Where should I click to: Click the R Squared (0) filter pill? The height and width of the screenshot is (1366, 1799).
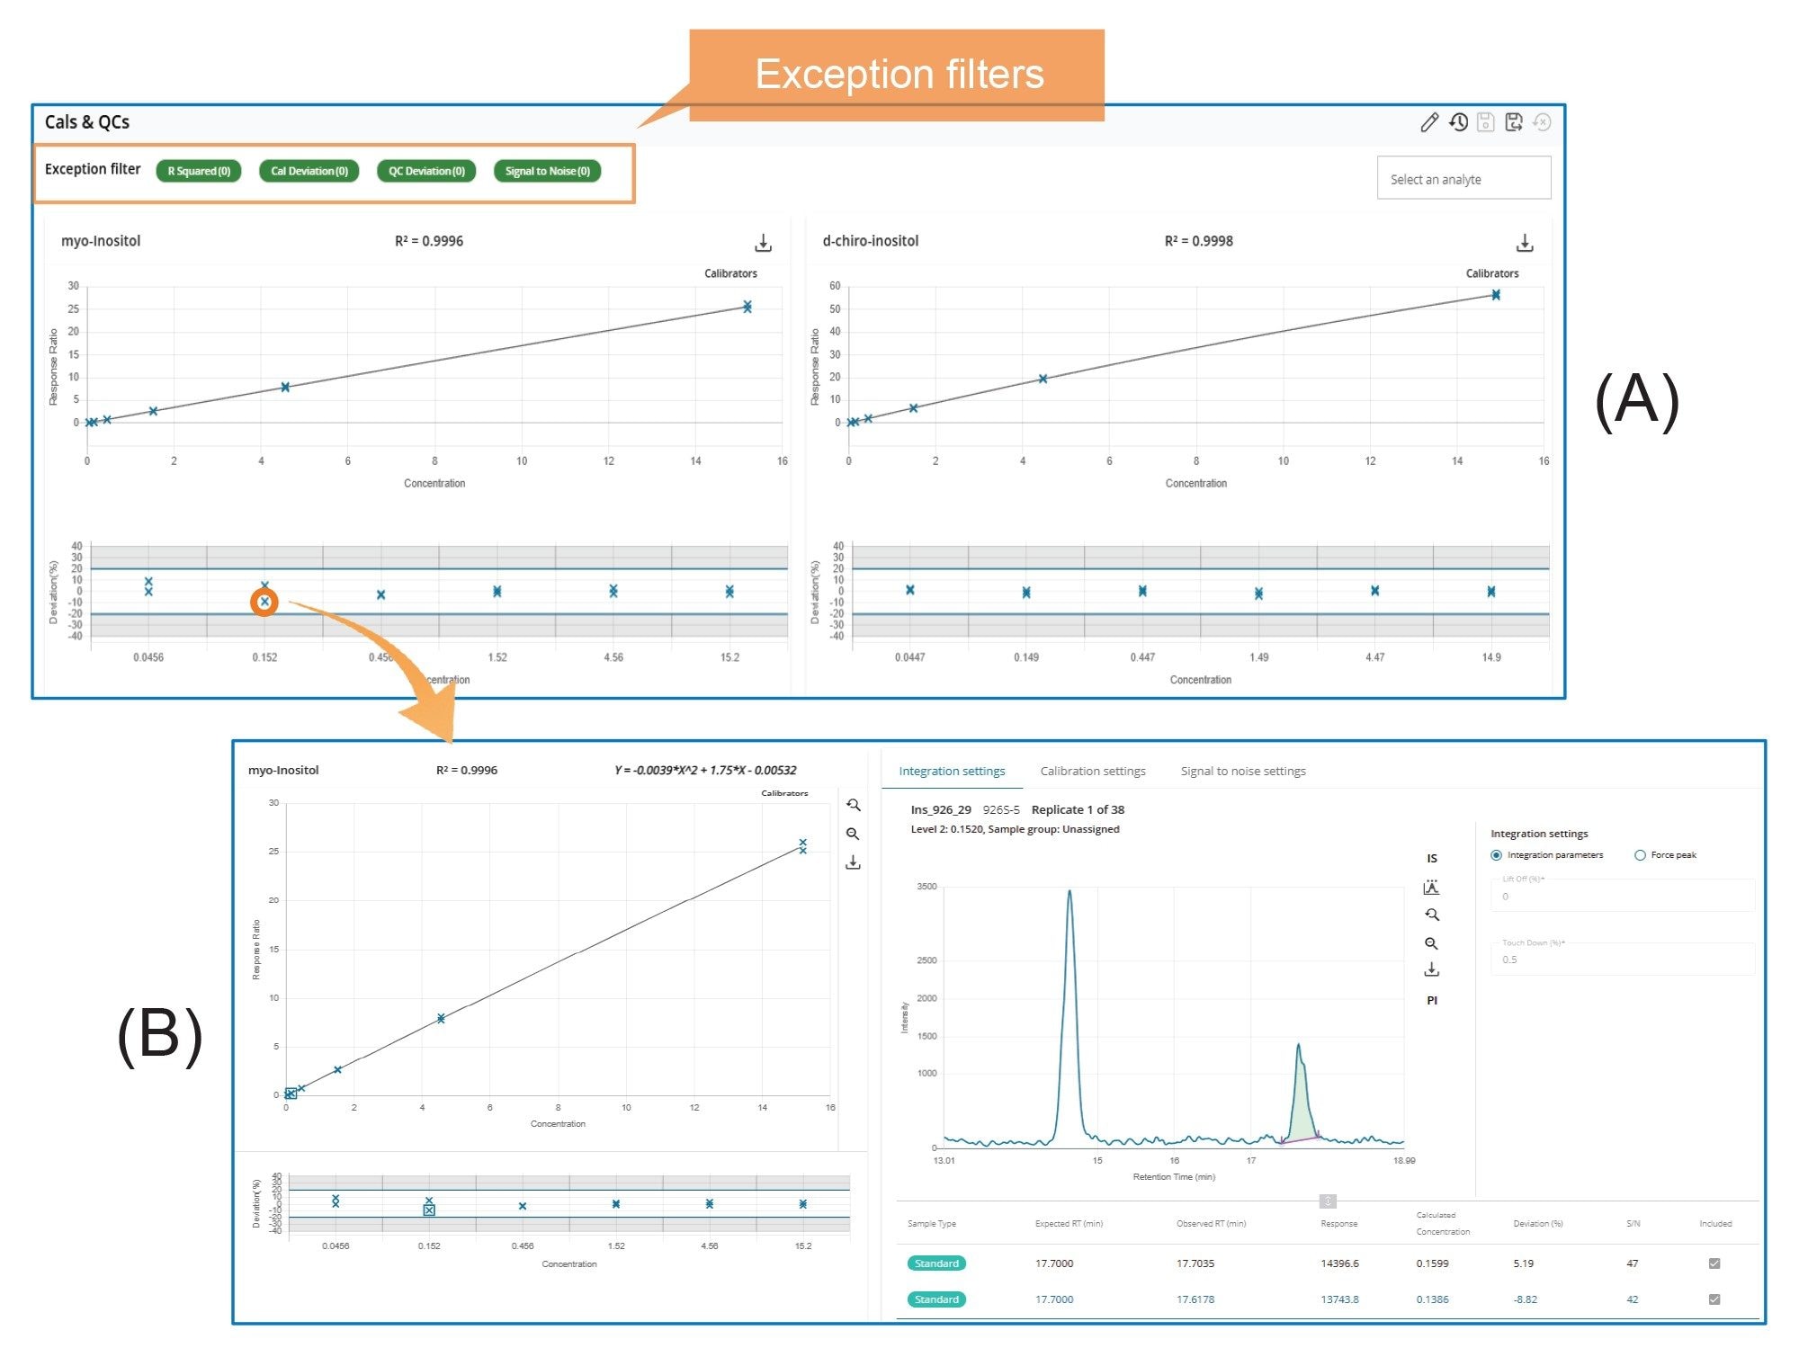tap(199, 171)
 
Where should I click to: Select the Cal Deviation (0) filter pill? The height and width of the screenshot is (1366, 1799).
tap(309, 171)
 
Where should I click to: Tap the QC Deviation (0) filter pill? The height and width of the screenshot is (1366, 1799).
tap(426, 171)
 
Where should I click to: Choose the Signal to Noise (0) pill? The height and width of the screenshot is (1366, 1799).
tap(547, 171)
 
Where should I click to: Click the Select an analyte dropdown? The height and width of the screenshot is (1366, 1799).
tap(1463, 178)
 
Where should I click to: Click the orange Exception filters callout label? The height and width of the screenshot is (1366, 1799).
tap(898, 74)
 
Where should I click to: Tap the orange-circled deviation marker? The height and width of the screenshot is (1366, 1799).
tap(264, 602)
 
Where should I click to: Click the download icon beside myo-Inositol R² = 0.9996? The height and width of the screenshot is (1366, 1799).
tap(763, 243)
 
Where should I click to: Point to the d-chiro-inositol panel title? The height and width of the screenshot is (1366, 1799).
tap(870, 241)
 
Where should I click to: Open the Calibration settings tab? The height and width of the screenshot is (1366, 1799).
tap(1092, 771)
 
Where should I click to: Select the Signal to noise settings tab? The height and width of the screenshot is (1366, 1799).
tap(1242, 771)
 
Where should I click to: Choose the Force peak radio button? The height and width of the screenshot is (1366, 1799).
tap(1640, 855)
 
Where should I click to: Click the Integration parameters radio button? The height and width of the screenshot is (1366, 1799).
tap(1496, 855)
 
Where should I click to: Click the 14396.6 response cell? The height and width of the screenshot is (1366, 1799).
tap(1339, 1263)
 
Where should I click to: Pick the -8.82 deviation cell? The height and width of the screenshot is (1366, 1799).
tap(1525, 1299)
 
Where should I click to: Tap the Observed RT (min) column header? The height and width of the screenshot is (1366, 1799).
tap(1211, 1224)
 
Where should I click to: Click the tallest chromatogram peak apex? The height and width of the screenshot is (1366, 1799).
tap(1070, 892)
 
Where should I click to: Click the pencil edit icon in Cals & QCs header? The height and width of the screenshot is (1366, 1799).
tap(1429, 122)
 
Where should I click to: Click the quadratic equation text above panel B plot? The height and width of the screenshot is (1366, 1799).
tap(705, 771)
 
